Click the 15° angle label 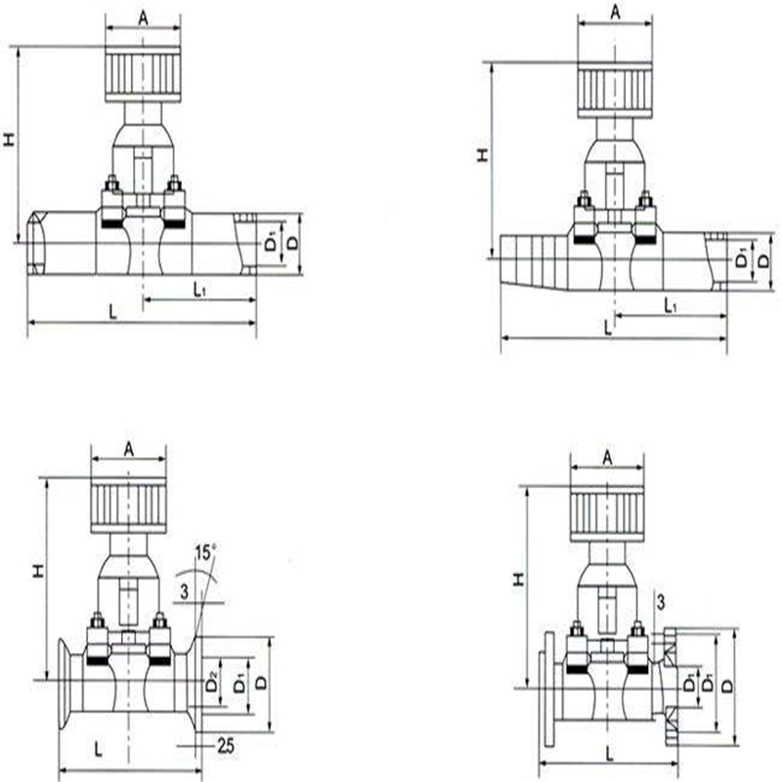[205, 552]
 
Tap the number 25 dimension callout [226, 746]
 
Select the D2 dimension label [212, 681]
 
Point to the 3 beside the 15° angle [185, 592]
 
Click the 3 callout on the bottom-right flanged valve [661, 602]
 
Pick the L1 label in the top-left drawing [200, 288]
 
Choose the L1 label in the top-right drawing [671, 305]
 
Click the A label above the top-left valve [143, 19]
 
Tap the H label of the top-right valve [482, 155]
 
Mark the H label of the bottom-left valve [38, 572]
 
